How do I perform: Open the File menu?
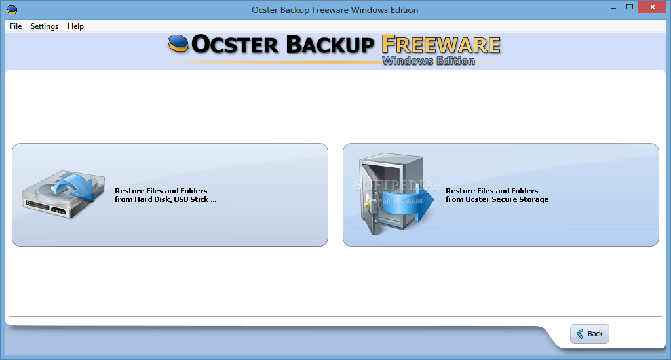pyautogui.click(x=16, y=26)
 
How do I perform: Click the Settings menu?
pyautogui.click(x=45, y=26)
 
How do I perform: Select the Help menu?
pyautogui.click(x=76, y=26)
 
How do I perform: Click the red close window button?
pyautogui.click(x=653, y=7)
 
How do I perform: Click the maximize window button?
pyautogui.click(x=630, y=7)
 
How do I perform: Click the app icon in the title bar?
pyautogui.click(x=12, y=9)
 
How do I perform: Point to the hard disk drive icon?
pyautogui.click(x=64, y=194)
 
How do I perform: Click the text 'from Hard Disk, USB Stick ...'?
pyautogui.click(x=166, y=199)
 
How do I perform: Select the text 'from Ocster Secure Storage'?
pyautogui.click(x=497, y=199)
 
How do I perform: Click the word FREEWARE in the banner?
pyautogui.click(x=441, y=45)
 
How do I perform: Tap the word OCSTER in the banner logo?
pyautogui.click(x=235, y=45)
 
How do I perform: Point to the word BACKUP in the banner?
pyautogui.click(x=330, y=45)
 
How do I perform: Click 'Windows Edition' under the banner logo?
pyautogui.click(x=429, y=61)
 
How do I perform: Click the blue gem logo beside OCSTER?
pyautogui.click(x=178, y=43)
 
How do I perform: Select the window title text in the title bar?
pyautogui.click(x=335, y=10)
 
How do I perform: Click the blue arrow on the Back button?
pyautogui.click(x=580, y=334)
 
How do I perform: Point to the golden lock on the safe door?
pyautogui.click(x=368, y=205)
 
